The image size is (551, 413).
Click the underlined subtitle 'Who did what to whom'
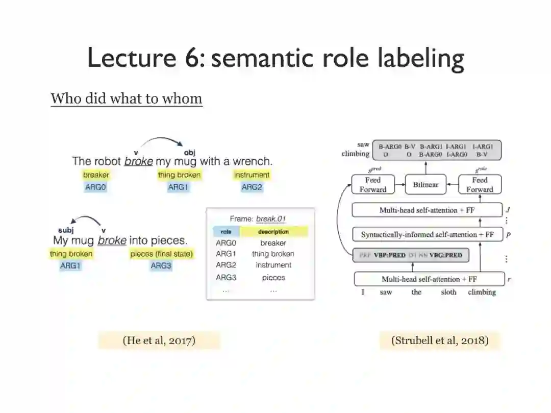(127, 99)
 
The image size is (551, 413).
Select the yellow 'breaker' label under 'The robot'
(96, 175)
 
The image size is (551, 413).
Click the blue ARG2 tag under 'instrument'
(252, 187)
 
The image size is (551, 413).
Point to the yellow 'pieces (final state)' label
(162, 254)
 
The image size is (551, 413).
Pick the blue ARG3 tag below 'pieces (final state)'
(161, 266)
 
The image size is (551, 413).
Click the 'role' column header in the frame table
(226, 232)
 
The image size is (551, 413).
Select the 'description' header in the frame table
(274, 232)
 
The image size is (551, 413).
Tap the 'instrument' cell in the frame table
(273, 265)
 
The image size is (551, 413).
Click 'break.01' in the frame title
(271, 219)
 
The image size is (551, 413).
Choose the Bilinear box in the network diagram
(425, 184)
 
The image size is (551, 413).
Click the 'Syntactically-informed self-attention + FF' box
(428, 235)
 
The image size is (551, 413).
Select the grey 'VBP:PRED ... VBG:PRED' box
(411, 255)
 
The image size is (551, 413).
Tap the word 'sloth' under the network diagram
(448, 293)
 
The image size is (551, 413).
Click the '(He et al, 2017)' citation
(159, 341)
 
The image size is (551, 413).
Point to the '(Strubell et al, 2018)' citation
(440, 341)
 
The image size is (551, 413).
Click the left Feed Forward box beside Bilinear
(373, 184)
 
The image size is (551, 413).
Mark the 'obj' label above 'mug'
(189, 152)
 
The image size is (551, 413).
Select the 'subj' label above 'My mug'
(66, 230)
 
